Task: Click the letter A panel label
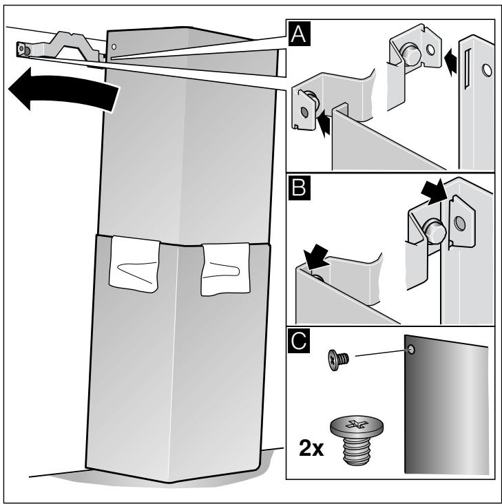[299, 34]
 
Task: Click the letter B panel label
[300, 188]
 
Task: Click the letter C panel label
[299, 341]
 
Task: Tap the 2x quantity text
[311, 448]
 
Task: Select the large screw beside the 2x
[357, 439]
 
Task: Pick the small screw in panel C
[338, 360]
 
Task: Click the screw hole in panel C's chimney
[411, 349]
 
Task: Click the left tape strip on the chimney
[134, 264]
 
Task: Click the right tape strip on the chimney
[226, 269]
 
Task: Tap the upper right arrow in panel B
[434, 192]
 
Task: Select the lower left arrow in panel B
[317, 257]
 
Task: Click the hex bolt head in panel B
[435, 230]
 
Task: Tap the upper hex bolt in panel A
[410, 53]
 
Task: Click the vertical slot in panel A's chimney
[467, 69]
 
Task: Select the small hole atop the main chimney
[114, 47]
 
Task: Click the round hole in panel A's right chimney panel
[487, 70]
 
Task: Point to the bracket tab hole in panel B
[460, 223]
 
